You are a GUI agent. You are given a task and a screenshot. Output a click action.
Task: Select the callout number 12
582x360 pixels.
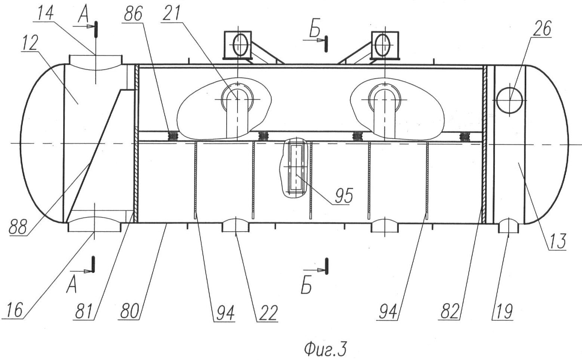pos(30,43)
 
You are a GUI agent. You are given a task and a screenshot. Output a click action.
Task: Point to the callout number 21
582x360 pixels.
pos(171,13)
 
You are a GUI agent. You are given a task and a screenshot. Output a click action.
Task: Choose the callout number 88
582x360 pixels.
pos(18,227)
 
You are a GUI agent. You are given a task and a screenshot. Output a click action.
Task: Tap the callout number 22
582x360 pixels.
pos(267,313)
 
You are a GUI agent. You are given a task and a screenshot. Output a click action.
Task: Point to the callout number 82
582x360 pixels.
pos(449,311)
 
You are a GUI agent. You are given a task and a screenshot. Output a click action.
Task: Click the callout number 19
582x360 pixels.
pos(503,312)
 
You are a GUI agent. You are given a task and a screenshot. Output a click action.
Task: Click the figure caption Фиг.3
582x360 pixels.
pos(325,350)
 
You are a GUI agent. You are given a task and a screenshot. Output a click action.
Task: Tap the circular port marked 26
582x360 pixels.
pos(509,100)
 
